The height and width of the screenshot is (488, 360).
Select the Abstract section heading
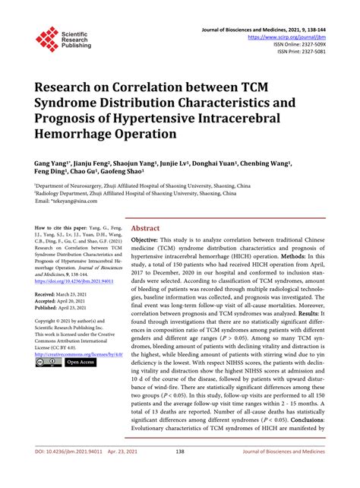pos(146,227)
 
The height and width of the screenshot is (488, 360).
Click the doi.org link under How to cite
pos(78,280)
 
